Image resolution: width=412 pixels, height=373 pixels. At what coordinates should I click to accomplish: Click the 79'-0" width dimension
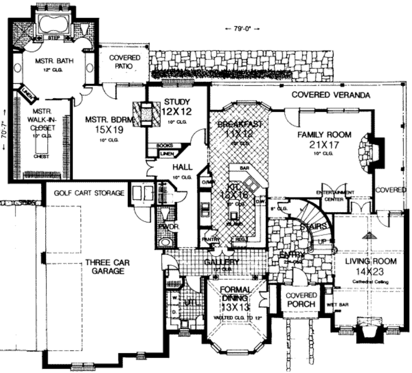tap(241, 29)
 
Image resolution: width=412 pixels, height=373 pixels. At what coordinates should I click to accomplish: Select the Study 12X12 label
tap(176, 107)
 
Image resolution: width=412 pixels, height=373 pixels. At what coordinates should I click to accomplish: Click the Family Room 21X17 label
tap(324, 140)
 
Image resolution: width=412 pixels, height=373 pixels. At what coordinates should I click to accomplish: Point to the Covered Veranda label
tap(330, 95)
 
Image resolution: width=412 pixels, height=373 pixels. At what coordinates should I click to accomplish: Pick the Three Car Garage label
tap(107, 267)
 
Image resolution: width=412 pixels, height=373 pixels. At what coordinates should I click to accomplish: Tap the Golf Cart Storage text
tap(89, 193)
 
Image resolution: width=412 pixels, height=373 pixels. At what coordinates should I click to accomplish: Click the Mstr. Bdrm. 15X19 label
tap(104, 124)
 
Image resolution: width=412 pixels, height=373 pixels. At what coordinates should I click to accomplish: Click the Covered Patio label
tap(125, 62)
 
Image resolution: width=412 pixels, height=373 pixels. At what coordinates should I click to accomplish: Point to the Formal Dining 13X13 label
tap(236, 298)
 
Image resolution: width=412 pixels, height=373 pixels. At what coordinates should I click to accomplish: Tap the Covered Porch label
tap(301, 300)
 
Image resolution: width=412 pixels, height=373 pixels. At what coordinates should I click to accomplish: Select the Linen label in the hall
tap(167, 154)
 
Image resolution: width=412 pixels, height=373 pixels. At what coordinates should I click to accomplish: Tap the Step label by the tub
tap(54, 37)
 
